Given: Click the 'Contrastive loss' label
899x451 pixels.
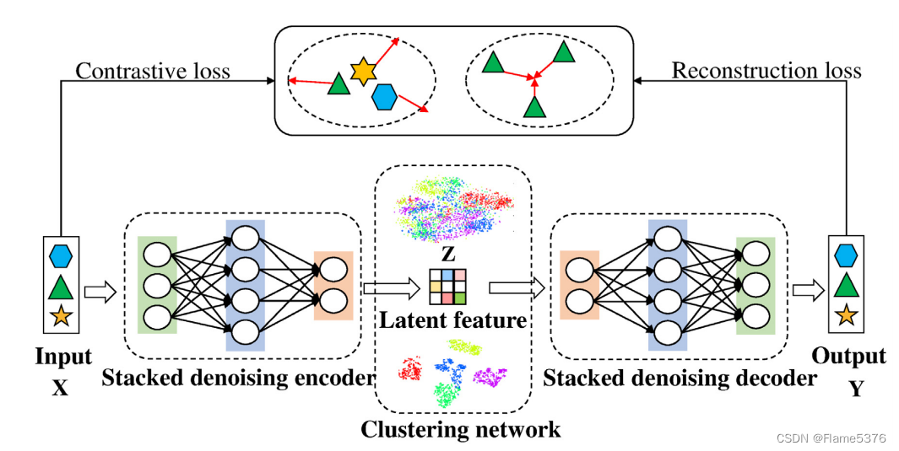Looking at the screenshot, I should [153, 71].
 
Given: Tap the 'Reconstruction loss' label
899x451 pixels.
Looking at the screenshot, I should [766, 71].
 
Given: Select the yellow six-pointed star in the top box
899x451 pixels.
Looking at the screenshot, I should [362, 72].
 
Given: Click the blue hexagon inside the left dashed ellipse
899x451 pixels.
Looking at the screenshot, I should [385, 97].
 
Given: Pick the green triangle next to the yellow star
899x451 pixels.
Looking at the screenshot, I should [338, 84].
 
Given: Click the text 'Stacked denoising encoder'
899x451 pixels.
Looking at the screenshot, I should [238, 379].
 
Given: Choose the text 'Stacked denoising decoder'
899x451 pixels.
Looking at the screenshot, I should [680, 379].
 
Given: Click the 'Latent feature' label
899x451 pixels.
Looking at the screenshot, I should [453, 321].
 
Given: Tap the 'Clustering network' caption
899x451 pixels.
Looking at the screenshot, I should [460, 430].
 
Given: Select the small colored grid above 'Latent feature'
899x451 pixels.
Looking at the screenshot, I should [447, 287].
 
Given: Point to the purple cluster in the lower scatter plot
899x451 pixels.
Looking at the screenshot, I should [490, 376].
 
